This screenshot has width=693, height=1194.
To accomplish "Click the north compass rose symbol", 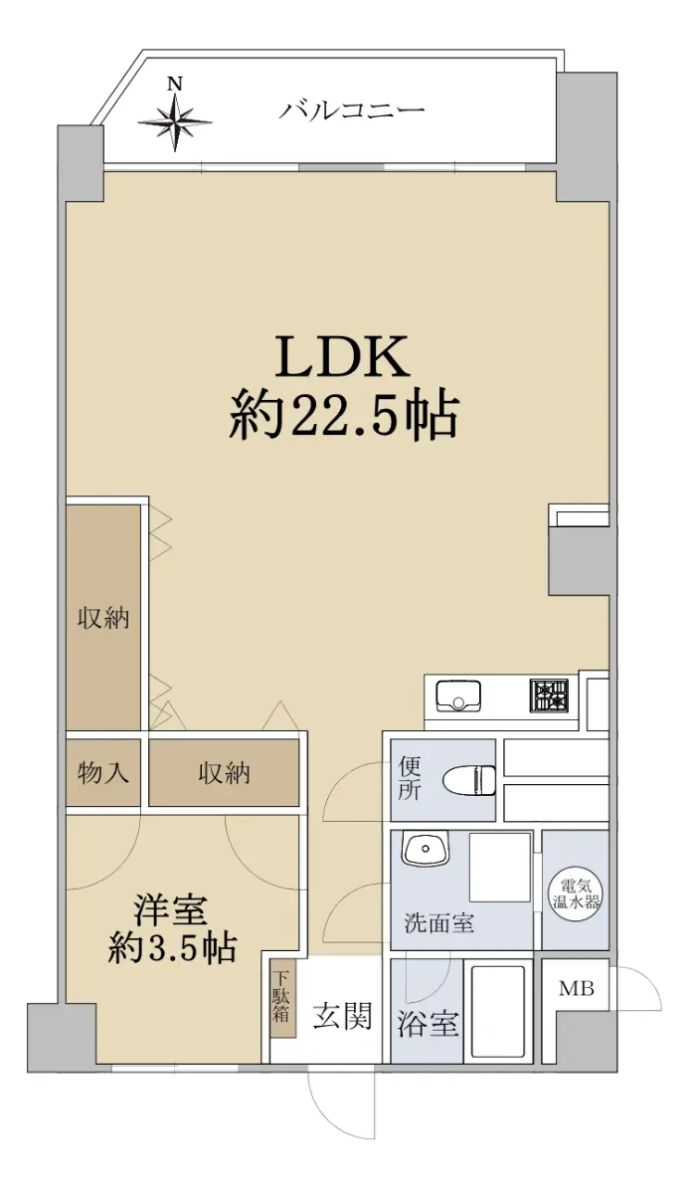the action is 175,122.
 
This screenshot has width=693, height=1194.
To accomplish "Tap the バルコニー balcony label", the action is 353,110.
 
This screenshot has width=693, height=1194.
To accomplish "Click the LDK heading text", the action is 343,355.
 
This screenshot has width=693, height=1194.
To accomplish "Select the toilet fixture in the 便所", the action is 469,782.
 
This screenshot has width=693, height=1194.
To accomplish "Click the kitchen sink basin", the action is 458,696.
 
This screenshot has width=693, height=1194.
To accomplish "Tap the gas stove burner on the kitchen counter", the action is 549,696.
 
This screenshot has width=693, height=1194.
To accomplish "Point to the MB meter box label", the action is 577,989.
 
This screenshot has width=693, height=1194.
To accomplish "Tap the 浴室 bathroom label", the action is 429,1023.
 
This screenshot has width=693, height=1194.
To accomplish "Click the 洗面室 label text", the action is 438,923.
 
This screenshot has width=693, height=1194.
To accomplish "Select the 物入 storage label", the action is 103,772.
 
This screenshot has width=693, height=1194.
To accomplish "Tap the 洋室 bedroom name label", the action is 170,909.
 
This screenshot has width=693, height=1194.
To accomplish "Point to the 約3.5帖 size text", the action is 172,947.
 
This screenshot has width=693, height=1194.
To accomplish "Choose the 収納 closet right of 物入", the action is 223,772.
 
